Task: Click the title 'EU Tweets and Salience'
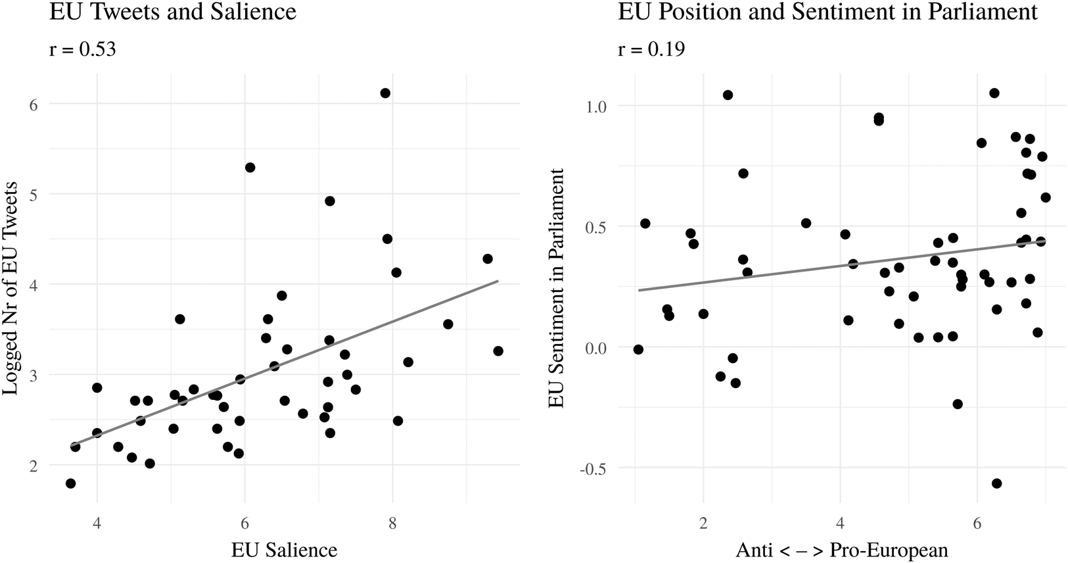point(173,12)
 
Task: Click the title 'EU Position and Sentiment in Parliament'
point(827,12)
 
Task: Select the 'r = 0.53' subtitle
point(83,49)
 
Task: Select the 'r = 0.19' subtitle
point(651,49)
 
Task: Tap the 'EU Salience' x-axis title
point(284,550)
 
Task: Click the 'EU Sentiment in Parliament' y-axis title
point(556,288)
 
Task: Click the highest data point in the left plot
point(385,93)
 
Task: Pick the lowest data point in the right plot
point(996,483)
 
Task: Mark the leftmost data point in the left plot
point(71,483)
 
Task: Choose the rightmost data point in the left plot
point(498,351)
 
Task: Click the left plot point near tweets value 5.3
point(250,168)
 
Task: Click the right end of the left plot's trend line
point(498,281)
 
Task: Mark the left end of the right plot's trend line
point(639,290)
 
